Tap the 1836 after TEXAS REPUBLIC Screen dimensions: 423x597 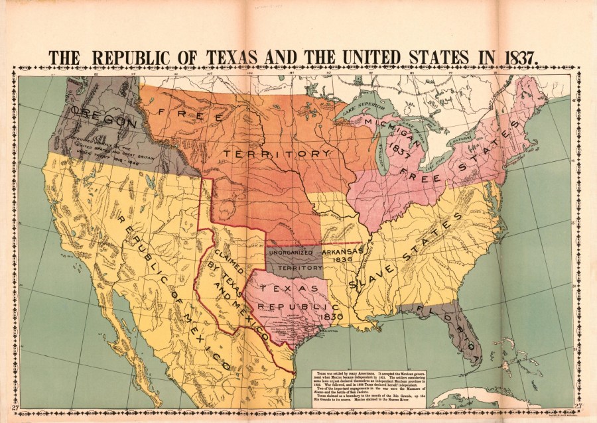(x=330, y=317)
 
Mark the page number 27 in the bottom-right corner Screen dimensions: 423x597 (x=578, y=406)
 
